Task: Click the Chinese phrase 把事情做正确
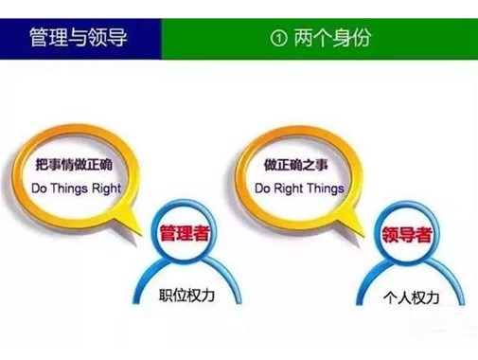click(79, 164)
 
